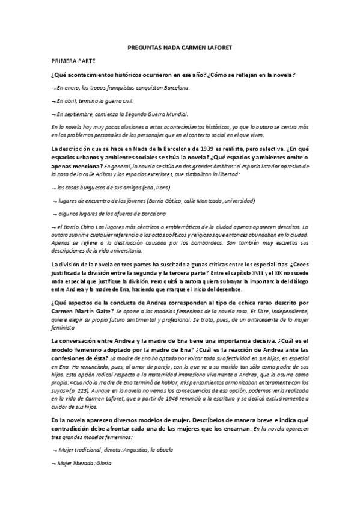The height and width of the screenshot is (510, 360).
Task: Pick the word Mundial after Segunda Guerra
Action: click(x=176, y=114)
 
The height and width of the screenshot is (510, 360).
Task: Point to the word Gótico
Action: click(x=180, y=201)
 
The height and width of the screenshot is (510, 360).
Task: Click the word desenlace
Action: click(x=249, y=289)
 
